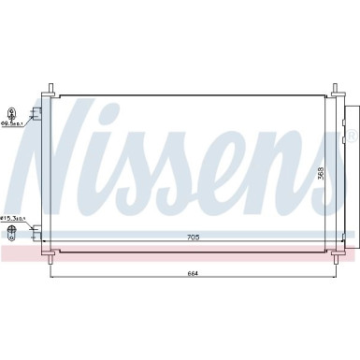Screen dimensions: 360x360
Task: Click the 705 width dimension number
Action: (x=193, y=236)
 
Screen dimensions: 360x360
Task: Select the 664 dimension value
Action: (x=193, y=273)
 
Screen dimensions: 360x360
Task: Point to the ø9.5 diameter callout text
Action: (x=13, y=122)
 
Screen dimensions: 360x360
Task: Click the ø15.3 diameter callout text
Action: (x=14, y=219)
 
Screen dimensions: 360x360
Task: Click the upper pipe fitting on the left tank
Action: (x=36, y=113)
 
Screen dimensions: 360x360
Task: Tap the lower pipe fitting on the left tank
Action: (x=36, y=228)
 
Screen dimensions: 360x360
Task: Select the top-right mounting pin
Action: (x=333, y=92)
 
